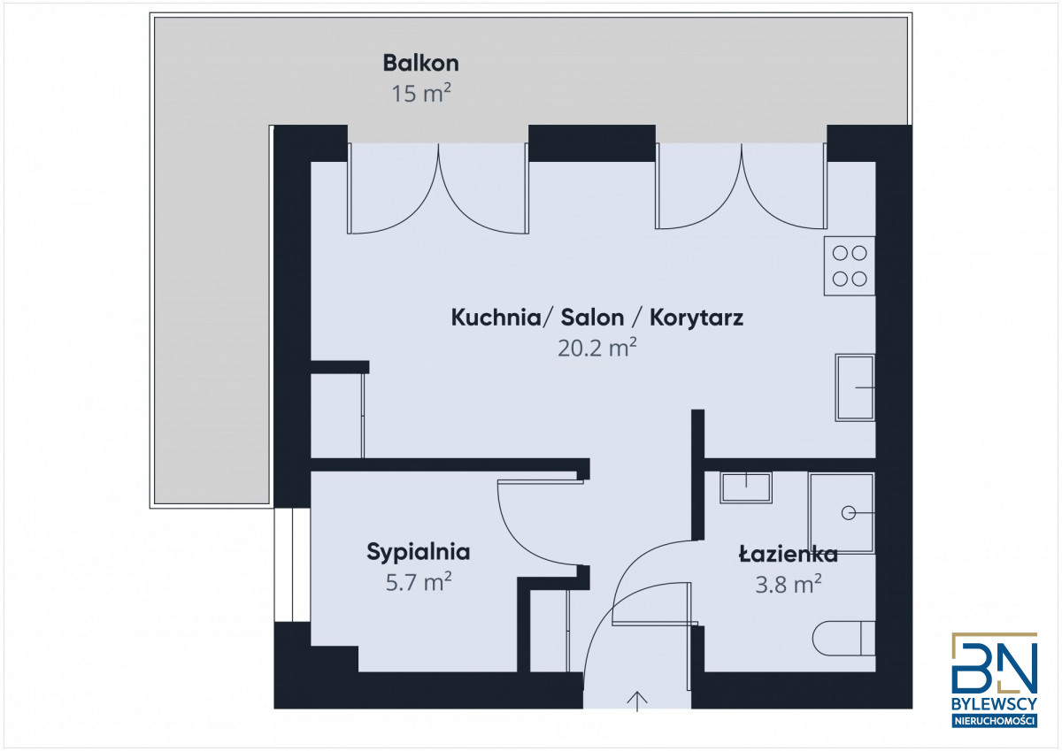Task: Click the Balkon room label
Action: pos(420,64)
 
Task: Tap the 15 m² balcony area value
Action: pos(420,93)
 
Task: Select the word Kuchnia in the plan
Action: pos(496,318)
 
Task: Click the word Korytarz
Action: pos(696,318)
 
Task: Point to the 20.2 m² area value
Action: pos(596,348)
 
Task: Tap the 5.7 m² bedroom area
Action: pos(418,582)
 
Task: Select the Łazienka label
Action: pos(788,555)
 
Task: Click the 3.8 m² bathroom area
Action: pos(788,584)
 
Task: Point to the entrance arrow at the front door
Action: pos(637,701)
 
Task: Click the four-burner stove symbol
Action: pos(850,265)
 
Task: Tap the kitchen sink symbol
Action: pos(855,387)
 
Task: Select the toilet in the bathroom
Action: pos(844,639)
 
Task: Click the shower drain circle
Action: pos(848,513)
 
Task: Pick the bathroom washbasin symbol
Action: pos(746,487)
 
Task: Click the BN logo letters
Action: pos(994,668)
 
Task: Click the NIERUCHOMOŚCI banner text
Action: pos(994,721)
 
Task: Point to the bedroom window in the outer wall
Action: pos(292,564)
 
